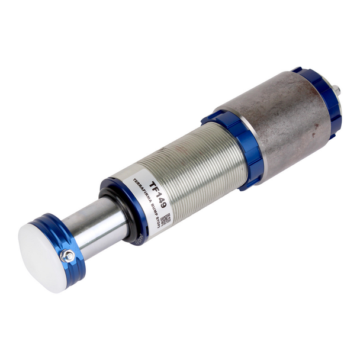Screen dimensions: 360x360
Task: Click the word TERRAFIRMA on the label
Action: click(141, 191)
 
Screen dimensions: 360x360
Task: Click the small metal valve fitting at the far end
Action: click(336, 91)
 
